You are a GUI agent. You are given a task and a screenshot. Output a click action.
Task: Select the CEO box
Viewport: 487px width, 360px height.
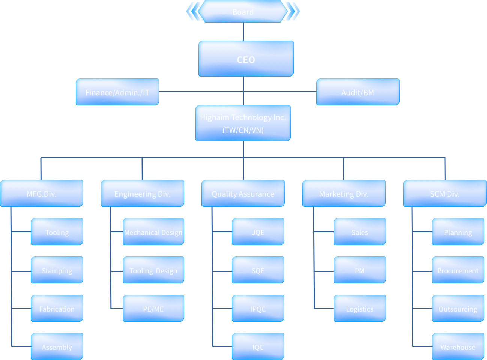tap(246, 59)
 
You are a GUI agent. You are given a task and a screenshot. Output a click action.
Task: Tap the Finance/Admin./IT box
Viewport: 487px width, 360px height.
tap(117, 92)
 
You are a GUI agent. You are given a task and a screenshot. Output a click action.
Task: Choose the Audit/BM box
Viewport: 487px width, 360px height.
tap(358, 92)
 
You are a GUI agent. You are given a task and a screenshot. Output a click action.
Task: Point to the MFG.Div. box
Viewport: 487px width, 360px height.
tap(42, 194)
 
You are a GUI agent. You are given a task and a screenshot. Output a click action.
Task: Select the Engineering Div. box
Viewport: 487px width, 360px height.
tap(142, 194)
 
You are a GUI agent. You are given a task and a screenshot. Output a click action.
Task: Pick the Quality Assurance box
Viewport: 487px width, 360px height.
tap(243, 194)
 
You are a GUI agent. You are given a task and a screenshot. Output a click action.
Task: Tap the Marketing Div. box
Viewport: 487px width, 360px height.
tap(344, 194)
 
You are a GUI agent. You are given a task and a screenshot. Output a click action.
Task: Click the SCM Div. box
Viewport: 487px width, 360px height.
tap(445, 194)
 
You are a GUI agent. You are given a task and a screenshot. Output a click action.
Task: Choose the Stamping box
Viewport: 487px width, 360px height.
tap(57, 270)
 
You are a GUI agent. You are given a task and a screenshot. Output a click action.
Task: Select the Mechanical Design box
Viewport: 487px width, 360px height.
tap(153, 232)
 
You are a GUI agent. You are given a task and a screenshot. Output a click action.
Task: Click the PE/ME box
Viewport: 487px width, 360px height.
tap(153, 309)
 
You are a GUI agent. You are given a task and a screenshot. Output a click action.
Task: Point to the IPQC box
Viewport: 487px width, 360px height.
tap(258, 309)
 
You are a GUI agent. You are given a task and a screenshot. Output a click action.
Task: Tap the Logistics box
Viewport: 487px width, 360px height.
tap(359, 309)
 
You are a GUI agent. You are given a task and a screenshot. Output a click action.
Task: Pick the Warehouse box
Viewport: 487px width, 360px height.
tap(458, 347)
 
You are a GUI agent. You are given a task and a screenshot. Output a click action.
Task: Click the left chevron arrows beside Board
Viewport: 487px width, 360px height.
tap(193, 11)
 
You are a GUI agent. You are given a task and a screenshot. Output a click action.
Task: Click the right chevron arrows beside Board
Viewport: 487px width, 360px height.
tap(293, 11)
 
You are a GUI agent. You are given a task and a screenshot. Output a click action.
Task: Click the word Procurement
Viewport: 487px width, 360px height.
tap(458, 271)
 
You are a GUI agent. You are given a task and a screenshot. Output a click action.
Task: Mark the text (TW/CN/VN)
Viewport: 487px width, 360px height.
tap(243, 130)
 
